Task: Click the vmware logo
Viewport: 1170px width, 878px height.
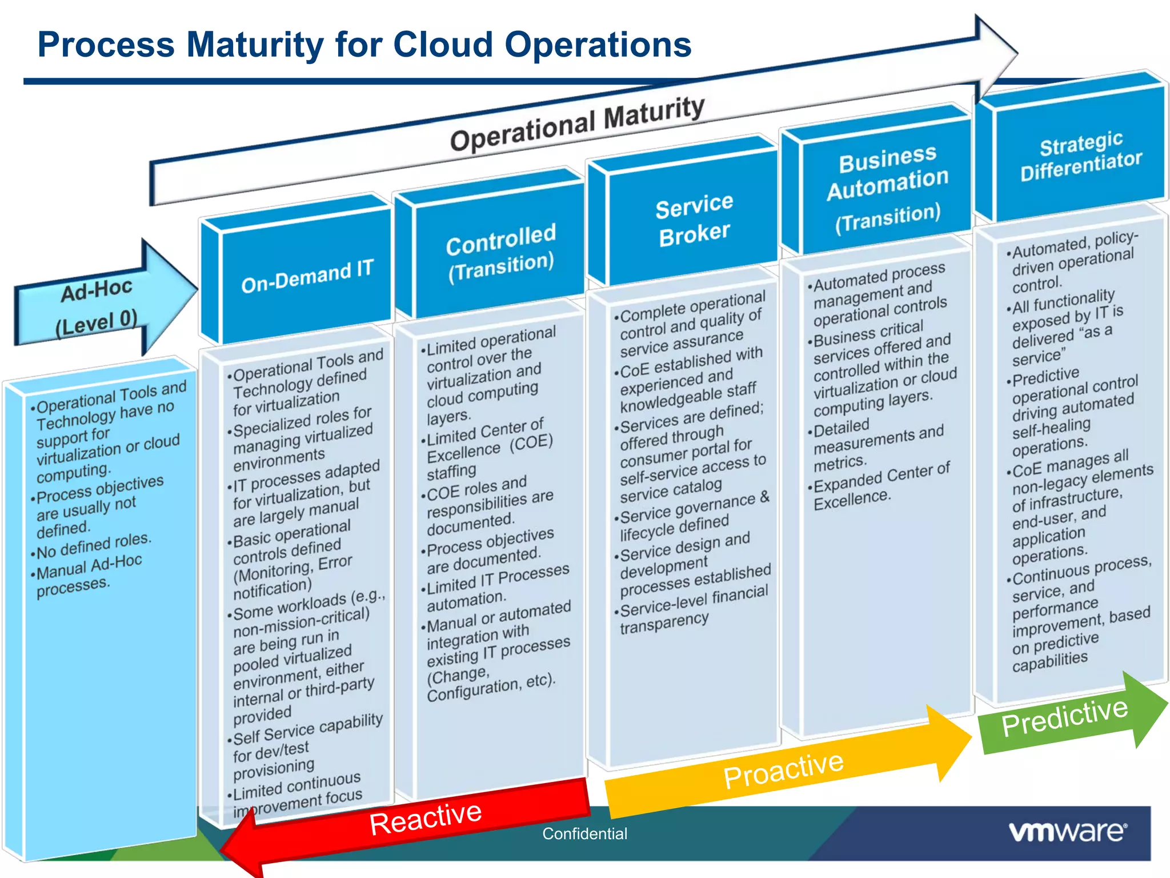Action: click(1067, 832)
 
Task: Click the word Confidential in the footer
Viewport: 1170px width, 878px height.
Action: click(584, 834)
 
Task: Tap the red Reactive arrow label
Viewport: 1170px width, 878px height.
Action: click(425, 818)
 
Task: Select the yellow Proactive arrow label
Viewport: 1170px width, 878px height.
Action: click(783, 769)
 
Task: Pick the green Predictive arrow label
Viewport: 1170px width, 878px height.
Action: click(1064, 717)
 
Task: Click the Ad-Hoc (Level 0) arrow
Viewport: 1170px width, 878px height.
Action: click(97, 306)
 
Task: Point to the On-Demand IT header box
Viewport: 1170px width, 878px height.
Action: click(307, 276)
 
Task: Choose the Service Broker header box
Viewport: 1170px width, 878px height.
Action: click(694, 220)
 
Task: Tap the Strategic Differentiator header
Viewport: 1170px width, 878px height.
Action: click(1080, 156)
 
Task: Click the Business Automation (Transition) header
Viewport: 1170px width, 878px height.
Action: click(888, 189)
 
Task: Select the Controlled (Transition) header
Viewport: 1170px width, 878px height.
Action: click(500, 253)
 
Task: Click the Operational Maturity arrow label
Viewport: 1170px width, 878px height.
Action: click(577, 123)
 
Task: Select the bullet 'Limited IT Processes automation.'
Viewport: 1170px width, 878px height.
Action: click(497, 589)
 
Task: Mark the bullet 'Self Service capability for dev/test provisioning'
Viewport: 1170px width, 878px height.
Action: click(306, 747)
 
